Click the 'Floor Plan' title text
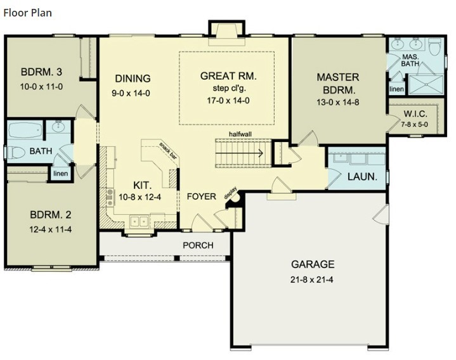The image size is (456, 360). coord(27,13)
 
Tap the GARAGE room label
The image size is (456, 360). coord(313,264)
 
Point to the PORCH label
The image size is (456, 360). coord(198,245)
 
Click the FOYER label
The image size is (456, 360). coord(201,196)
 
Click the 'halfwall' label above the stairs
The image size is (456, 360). coord(243,136)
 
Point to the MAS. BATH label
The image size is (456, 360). coord(410,61)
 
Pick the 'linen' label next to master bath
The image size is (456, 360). coord(396,89)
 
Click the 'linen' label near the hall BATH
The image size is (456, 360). coord(61,174)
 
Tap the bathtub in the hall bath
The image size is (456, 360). coord(26,131)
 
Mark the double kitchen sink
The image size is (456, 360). coord(138,221)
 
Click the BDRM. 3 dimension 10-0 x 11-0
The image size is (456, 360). coord(41,86)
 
